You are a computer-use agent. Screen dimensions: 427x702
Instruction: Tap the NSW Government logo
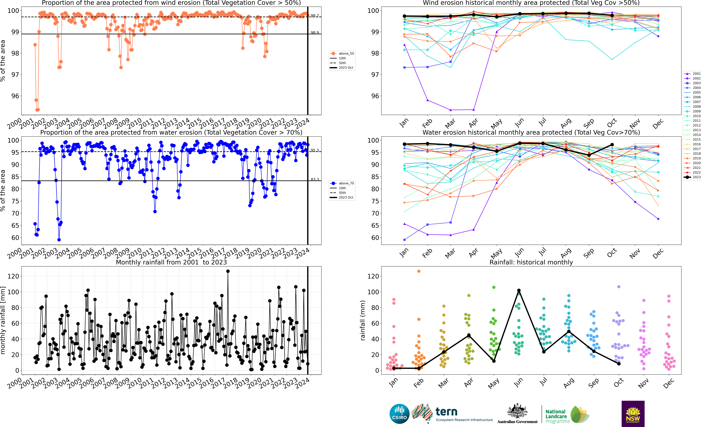click(x=633, y=414)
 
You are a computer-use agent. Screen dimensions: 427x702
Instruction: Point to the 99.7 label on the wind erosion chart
click(x=315, y=16)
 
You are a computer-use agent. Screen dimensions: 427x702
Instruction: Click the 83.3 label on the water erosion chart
click(x=315, y=179)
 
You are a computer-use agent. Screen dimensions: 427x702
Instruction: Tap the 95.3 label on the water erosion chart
click(x=315, y=150)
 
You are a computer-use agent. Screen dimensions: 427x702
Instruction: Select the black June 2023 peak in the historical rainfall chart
click(x=519, y=290)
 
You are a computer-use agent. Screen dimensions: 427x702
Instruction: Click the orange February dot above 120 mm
click(x=419, y=271)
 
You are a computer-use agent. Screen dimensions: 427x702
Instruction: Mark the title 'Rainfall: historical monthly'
click(x=531, y=262)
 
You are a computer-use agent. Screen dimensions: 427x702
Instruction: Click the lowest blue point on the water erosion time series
click(x=59, y=240)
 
